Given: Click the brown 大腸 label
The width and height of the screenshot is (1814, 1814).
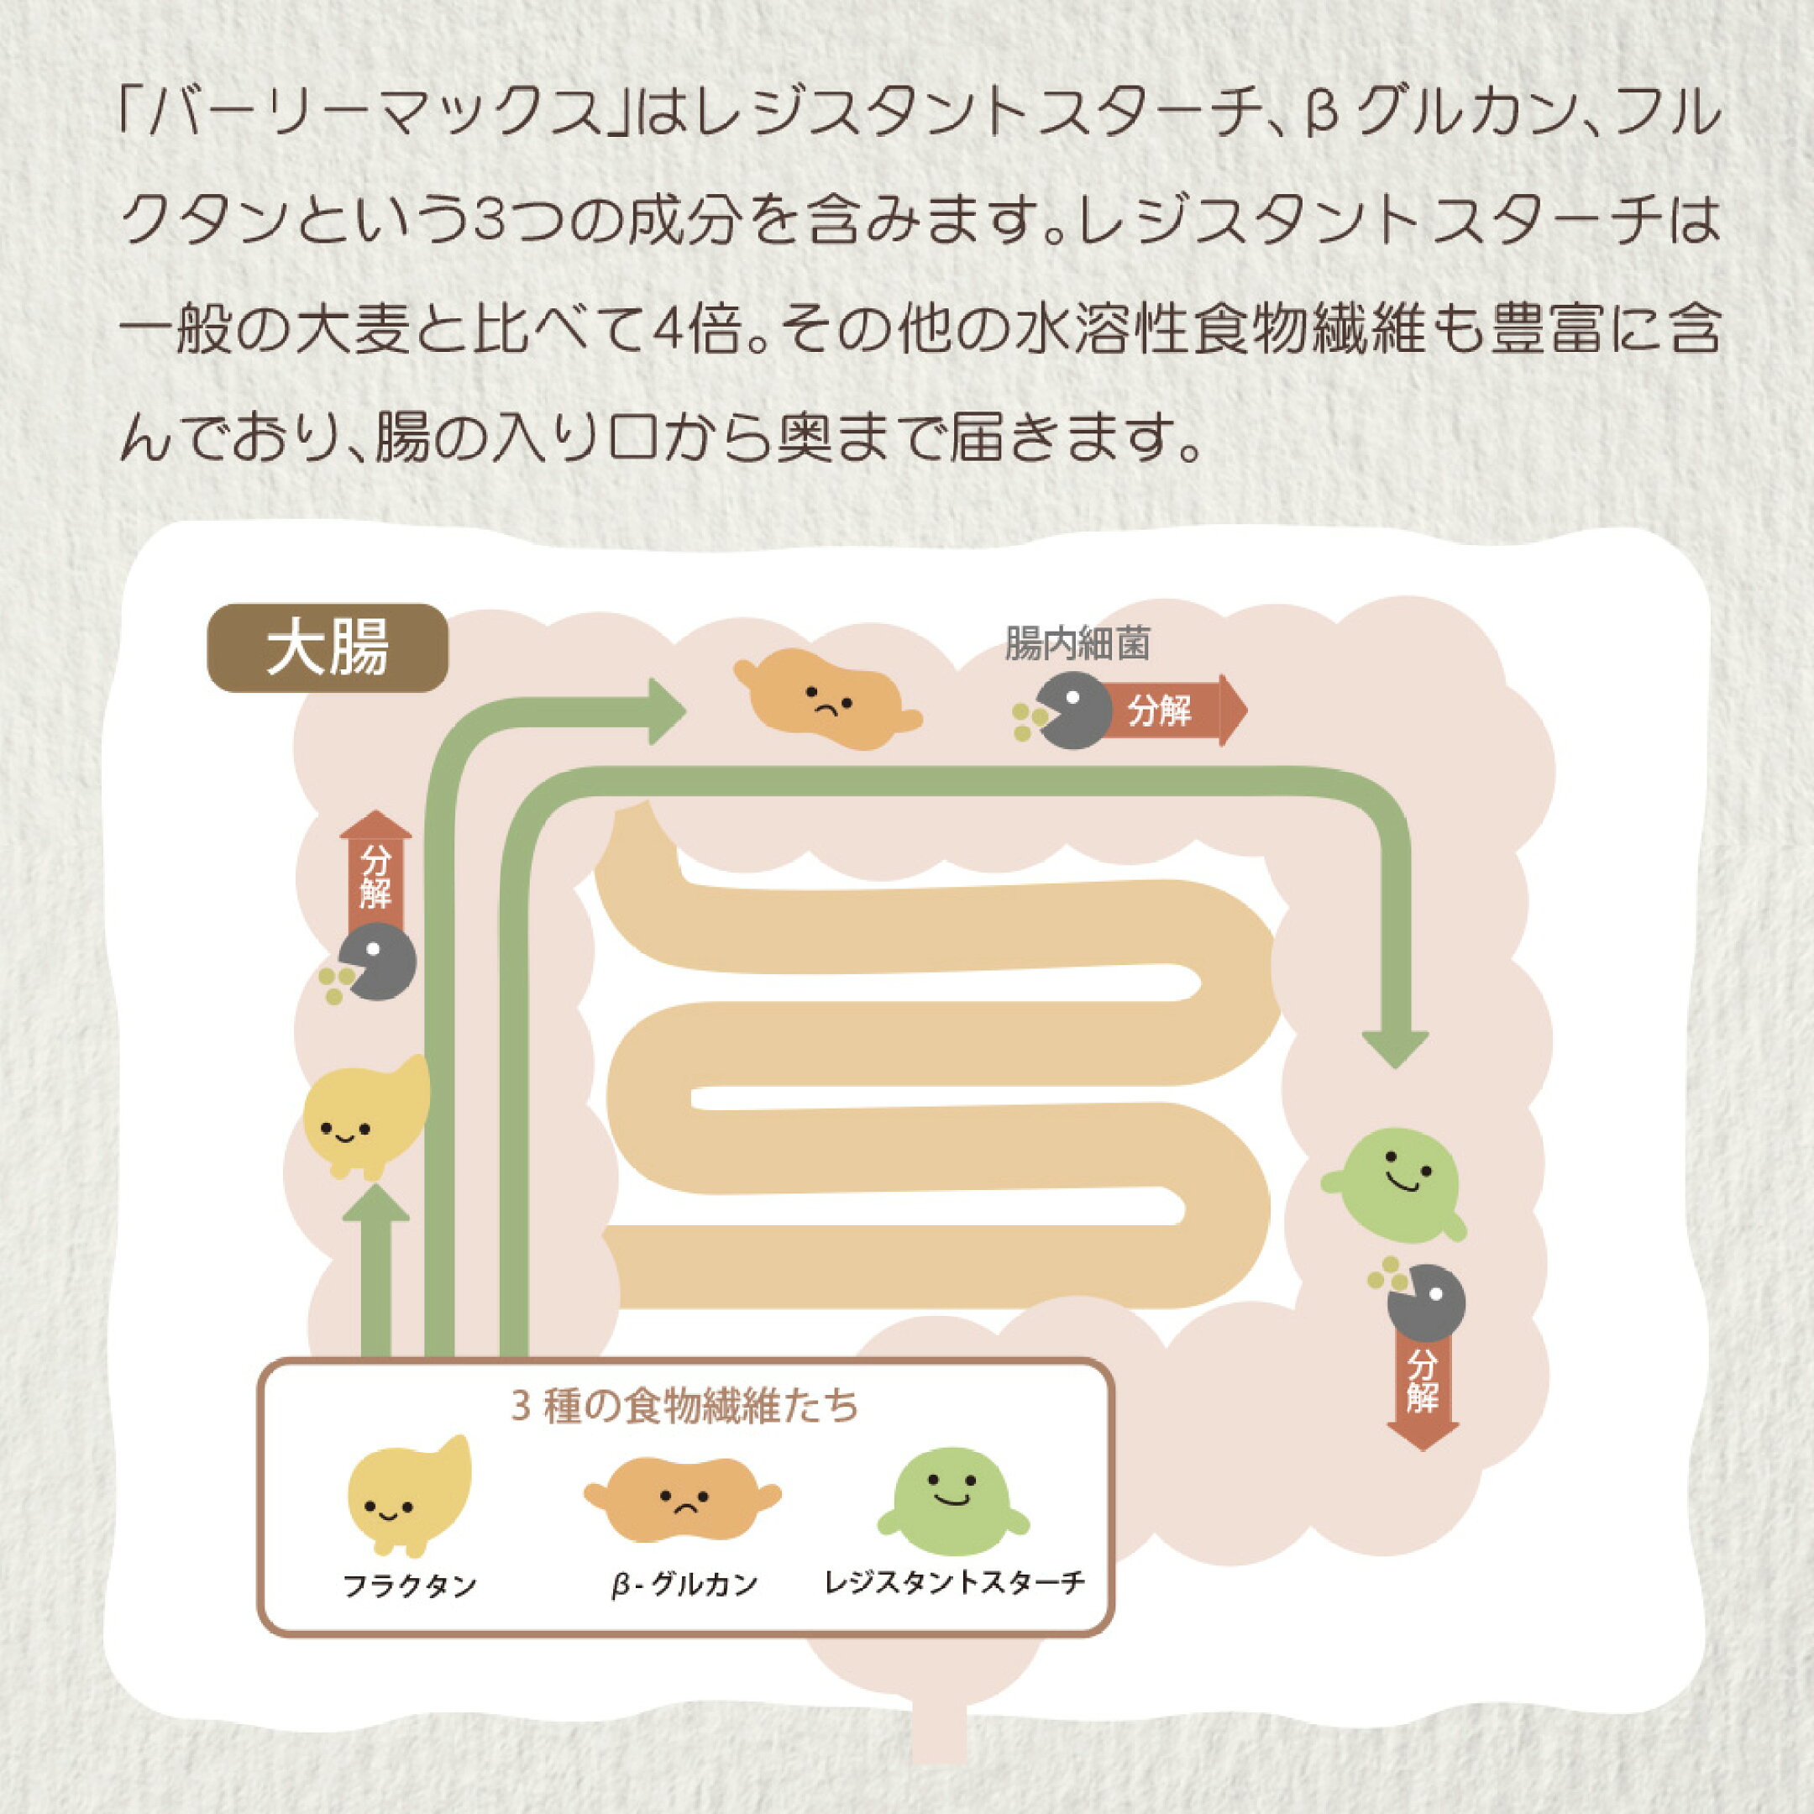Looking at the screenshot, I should [327, 647].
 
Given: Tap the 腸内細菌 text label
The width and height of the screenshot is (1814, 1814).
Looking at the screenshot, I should [1077, 645].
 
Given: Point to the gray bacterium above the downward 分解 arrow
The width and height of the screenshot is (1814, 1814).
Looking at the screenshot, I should [1427, 1304].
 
